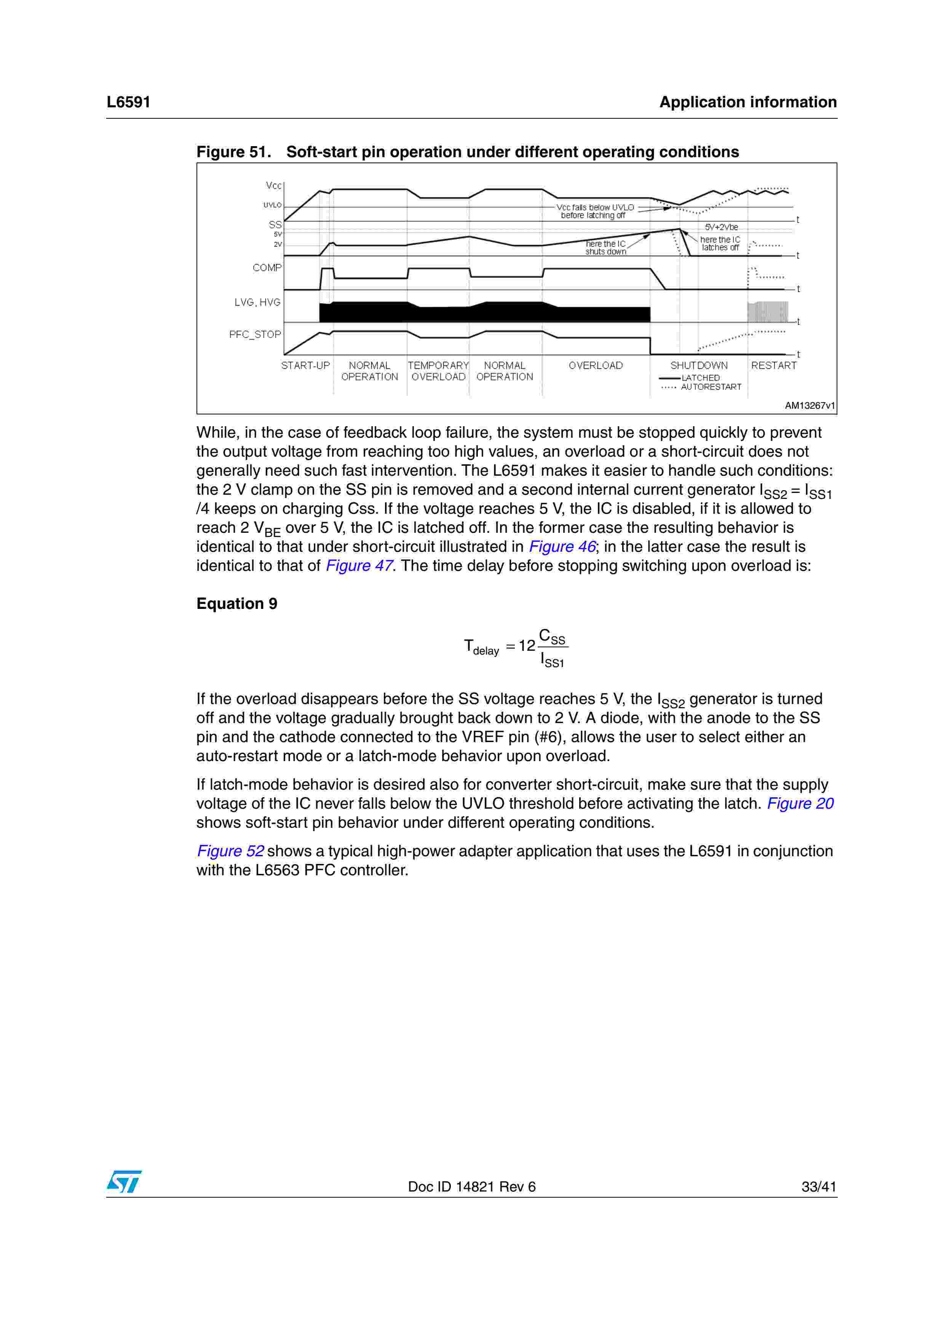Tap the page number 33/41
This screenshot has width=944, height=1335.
(818, 1187)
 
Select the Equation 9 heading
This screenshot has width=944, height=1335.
(237, 604)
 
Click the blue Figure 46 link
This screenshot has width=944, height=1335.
(562, 546)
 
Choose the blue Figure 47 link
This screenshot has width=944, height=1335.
(359, 566)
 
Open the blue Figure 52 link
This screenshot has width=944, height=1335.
(230, 851)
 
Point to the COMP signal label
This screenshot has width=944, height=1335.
(267, 268)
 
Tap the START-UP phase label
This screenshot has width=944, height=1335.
(305, 366)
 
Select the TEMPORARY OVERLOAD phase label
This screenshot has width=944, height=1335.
(438, 371)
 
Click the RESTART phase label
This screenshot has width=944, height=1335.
(773, 366)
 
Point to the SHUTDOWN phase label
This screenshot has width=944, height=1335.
(698, 366)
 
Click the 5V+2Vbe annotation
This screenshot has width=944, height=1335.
(721, 227)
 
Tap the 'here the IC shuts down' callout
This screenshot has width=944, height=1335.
(605, 248)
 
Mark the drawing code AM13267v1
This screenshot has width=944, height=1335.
(810, 406)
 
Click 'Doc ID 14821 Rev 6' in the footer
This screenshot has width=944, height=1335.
(472, 1187)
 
